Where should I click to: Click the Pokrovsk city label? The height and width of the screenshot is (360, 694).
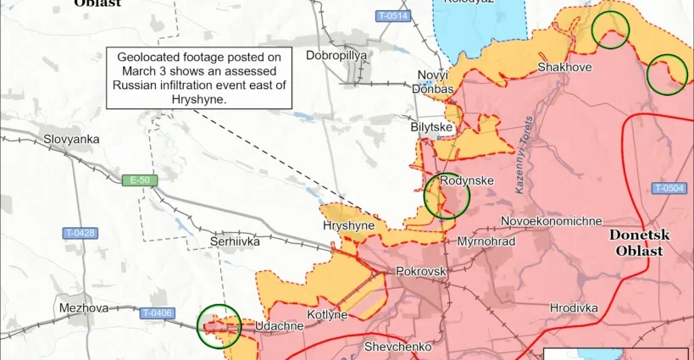pos(420,272)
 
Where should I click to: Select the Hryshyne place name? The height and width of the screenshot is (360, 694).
pos(348,226)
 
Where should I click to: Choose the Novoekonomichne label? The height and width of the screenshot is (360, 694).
pos(552,221)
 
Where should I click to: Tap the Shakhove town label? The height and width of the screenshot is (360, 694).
pos(564,67)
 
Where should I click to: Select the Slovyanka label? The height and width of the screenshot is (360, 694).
pos(72,139)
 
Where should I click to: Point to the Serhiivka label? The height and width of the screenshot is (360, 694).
pos(235,241)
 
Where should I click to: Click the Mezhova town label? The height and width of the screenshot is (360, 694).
pos(84,308)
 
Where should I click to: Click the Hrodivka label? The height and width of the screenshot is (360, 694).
pos(574,307)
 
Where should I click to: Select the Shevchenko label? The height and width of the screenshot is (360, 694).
pos(397,346)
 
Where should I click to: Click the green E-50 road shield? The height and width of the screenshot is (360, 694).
pos(134,180)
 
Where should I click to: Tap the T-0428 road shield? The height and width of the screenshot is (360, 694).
pos(81,233)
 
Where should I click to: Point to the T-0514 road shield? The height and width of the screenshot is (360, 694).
pos(393,16)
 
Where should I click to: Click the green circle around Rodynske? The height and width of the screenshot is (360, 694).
pos(446,196)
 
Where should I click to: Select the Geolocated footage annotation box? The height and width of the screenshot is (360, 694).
pos(199,77)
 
